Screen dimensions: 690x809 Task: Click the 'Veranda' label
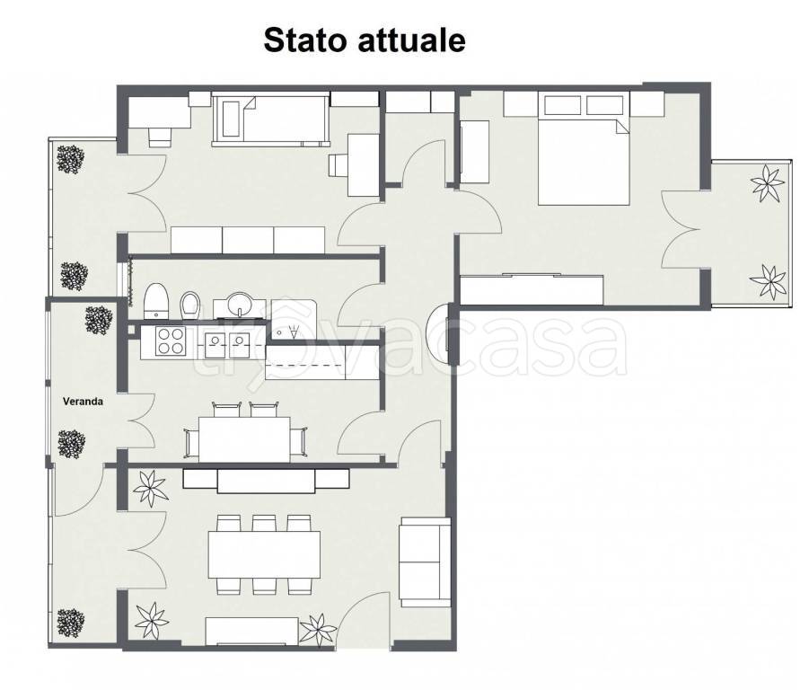(83, 402)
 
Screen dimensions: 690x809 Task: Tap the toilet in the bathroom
(157, 300)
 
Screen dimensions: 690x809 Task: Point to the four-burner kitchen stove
(171, 341)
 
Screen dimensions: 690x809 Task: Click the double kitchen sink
(226, 341)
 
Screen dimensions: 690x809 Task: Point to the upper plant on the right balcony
(766, 184)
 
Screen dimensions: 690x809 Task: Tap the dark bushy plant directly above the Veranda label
(97, 320)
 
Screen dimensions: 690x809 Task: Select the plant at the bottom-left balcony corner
(70, 621)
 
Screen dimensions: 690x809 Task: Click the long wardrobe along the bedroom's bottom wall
(532, 289)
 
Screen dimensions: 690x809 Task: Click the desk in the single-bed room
(364, 164)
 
